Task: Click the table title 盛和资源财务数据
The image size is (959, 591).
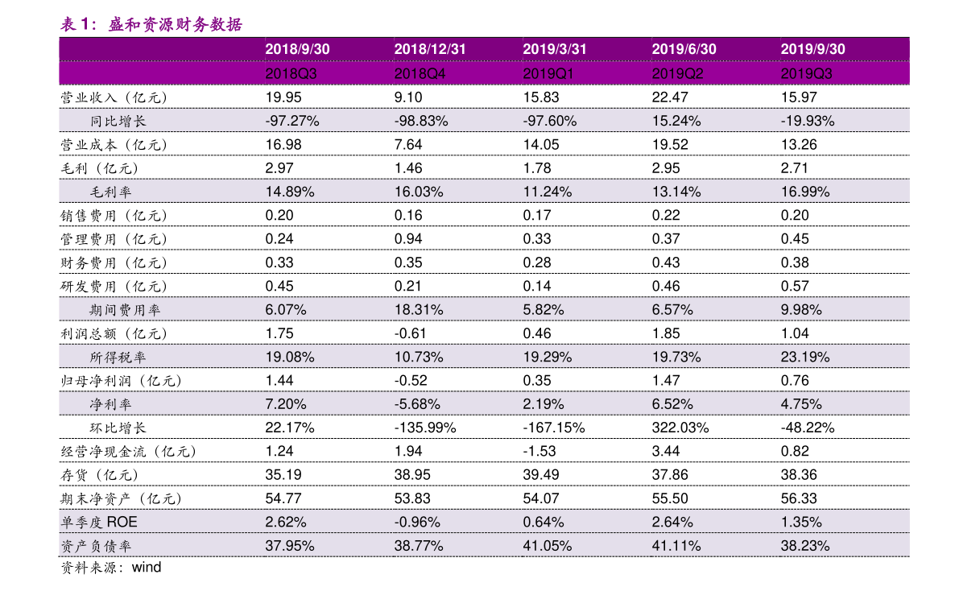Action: coord(176,24)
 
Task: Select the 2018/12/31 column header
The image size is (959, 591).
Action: coord(429,50)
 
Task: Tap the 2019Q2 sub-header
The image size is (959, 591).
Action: coord(677,74)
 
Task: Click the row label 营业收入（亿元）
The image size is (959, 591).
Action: coord(114,98)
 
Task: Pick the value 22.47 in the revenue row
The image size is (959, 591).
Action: coord(670,97)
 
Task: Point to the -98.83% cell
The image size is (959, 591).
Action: coord(421,121)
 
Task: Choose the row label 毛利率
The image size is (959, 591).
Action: coord(110,192)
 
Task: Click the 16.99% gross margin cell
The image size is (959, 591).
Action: coord(805,192)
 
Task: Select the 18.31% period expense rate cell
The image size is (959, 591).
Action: coord(419,310)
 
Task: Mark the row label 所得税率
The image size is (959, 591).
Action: coord(118,357)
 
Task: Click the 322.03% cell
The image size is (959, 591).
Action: coord(680,428)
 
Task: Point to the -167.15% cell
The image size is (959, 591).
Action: coord(553,428)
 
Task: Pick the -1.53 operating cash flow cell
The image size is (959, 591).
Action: coord(539,452)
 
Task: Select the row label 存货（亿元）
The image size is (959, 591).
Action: coord(100,475)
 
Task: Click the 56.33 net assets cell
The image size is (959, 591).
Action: coord(799,498)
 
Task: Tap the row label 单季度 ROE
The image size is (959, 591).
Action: coord(98,523)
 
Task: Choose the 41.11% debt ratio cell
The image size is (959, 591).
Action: coord(676,546)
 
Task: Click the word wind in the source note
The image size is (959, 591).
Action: coord(147,568)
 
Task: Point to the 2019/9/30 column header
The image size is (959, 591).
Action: coord(812,50)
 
